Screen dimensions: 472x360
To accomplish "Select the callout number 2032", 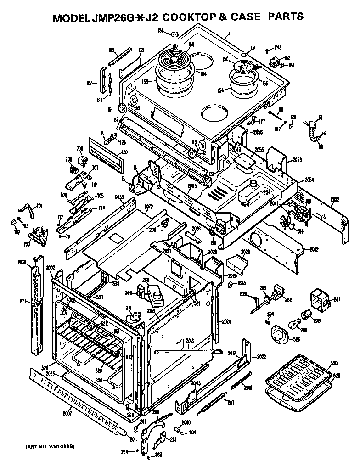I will (314, 249).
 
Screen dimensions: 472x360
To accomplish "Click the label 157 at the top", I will (161, 31).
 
